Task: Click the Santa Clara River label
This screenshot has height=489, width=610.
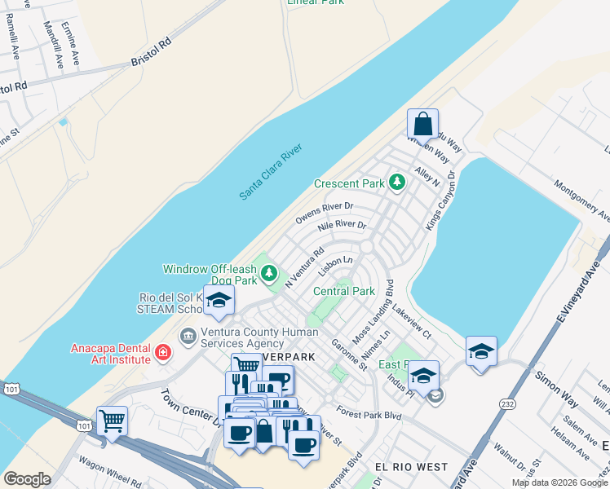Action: coord(271,171)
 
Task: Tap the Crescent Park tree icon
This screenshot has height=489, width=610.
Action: coord(397,182)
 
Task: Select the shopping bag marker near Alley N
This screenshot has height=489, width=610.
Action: coord(423,126)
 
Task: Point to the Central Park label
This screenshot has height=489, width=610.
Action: coord(343,291)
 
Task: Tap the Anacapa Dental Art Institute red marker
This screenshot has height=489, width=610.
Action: coord(164,353)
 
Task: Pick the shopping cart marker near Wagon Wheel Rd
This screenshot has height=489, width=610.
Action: coord(112,422)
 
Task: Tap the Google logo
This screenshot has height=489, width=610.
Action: coord(28,479)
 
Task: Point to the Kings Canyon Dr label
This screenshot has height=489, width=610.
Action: coord(440,200)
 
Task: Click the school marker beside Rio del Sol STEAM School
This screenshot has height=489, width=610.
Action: coord(219,301)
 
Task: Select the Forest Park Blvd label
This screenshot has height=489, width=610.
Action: coord(369,413)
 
